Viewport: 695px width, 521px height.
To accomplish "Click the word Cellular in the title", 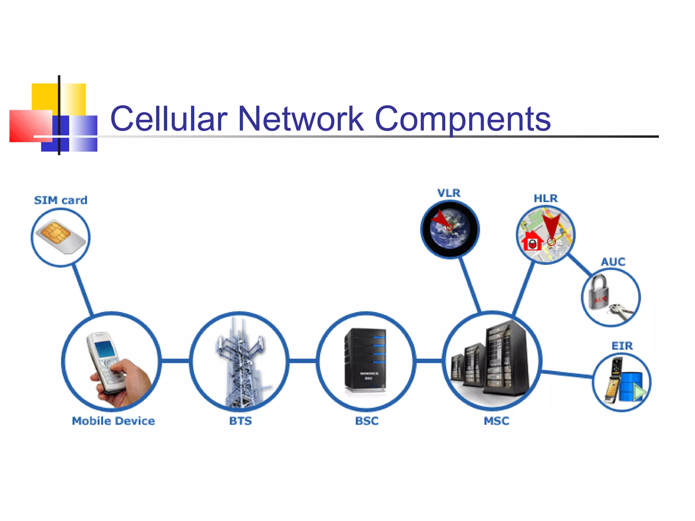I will pos(169,118).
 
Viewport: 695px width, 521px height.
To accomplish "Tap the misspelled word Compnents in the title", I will pos(463,119).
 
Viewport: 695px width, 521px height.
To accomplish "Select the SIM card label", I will pos(61,200).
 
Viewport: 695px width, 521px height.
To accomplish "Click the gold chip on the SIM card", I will pos(55,232).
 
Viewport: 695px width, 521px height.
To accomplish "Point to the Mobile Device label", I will pos(113,421).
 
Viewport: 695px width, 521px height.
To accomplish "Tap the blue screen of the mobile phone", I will pos(105,349).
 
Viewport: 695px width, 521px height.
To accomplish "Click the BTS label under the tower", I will pos(240,421).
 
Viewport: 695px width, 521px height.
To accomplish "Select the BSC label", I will pos(367,421).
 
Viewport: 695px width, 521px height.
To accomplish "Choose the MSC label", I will pos(496,421).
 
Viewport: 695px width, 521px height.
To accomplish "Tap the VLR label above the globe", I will pos(449,193).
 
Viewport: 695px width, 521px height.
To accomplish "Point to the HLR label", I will pos(546,198).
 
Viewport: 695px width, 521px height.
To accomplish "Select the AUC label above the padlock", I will pos(613,262).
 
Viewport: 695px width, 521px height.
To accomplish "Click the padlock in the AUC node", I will pos(598,293).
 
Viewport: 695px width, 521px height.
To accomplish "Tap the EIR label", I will pos(622,346).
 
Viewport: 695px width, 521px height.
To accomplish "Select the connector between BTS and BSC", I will pos(303,361).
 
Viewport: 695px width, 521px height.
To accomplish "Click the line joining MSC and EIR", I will pos(567,374).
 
